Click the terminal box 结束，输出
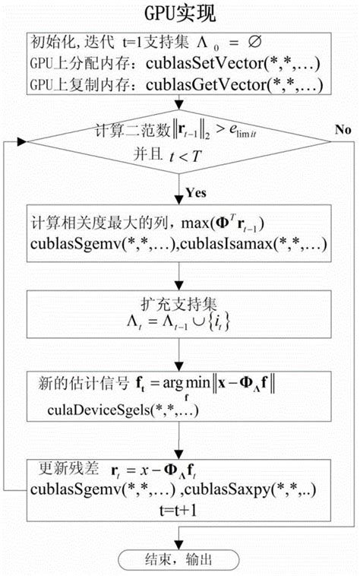click(179, 557)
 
